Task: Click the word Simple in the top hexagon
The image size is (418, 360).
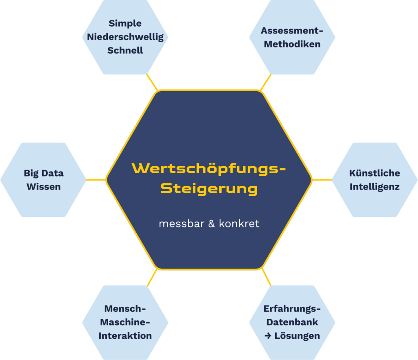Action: tap(125, 23)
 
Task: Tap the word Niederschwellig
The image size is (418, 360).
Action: tap(125, 37)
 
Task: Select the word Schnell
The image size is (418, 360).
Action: tap(125, 50)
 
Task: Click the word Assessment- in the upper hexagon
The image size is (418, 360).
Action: tap(292, 31)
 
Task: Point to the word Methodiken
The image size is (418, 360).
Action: tap(292, 44)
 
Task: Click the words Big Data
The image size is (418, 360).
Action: tap(44, 173)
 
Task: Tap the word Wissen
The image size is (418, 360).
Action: tap(44, 187)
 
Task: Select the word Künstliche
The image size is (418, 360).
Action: tap(374, 173)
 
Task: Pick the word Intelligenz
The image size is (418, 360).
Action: tap(374, 187)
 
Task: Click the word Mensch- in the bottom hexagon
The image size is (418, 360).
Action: tap(125, 309)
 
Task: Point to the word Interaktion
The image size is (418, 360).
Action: tap(125, 335)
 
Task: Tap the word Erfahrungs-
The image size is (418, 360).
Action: tap(292, 309)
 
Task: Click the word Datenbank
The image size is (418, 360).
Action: tap(292, 322)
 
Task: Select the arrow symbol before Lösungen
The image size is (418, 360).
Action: tap(268, 336)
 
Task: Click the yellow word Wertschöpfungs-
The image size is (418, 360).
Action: tap(209, 168)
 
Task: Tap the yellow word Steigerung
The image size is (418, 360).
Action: tap(209, 188)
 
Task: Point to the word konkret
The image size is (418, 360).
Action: tap(239, 224)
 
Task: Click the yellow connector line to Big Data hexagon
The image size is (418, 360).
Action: tap(96, 180)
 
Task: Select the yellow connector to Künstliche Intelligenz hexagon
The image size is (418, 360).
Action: tap(322, 180)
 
